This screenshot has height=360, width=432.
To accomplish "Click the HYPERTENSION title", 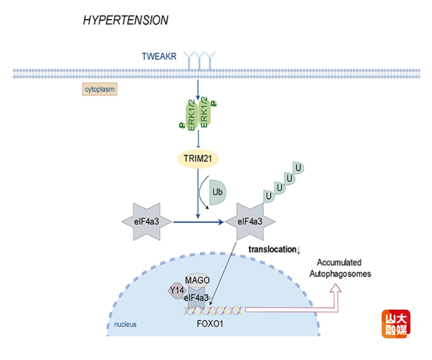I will pyautogui.click(x=125, y=20).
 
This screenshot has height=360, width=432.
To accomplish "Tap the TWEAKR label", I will pyautogui.click(x=159, y=57).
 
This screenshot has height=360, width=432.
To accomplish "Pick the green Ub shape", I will pyautogui.click(x=218, y=194).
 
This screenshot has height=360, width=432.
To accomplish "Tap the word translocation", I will pyautogui.click(x=272, y=249).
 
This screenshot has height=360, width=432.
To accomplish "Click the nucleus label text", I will pyautogui.click(x=125, y=324).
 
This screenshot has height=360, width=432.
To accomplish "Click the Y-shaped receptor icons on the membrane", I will pyautogui.click(x=201, y=60).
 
